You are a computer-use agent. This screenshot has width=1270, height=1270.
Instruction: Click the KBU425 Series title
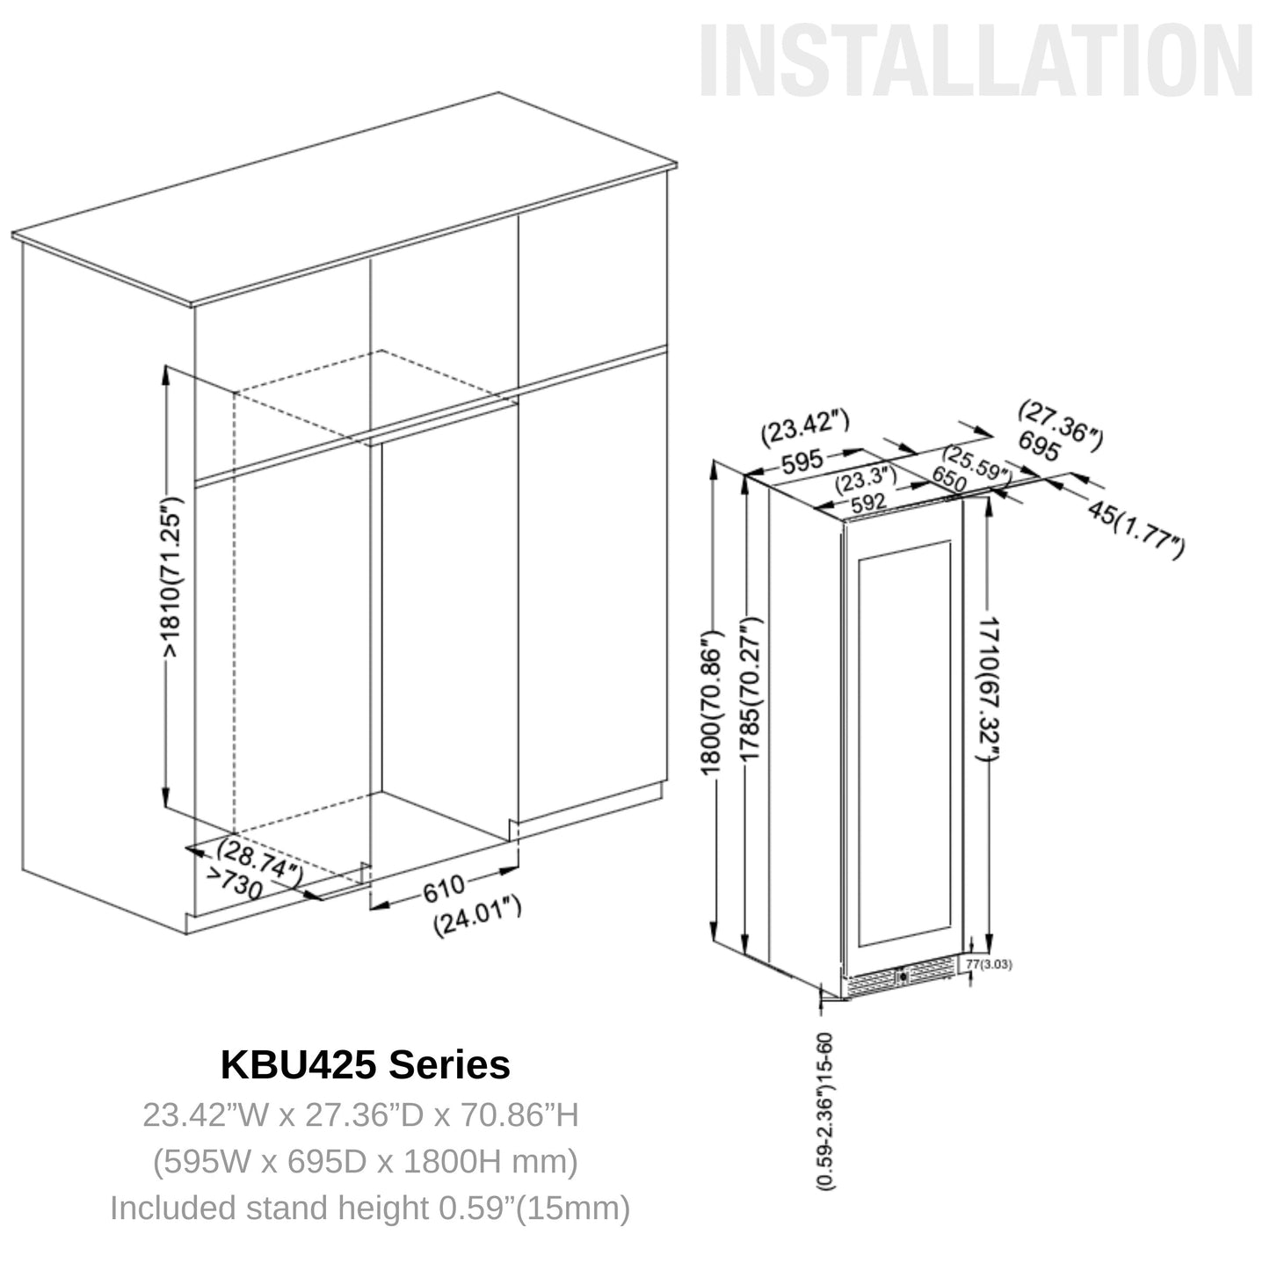coord(365,1064)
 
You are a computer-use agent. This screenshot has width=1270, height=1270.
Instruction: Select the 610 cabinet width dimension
coord(443,889)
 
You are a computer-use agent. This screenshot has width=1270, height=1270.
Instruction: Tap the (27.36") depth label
coord(1060,425)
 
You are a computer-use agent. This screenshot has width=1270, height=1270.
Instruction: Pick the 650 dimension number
coord(949,480)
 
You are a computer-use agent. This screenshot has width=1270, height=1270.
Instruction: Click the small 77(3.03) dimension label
coord(989,964)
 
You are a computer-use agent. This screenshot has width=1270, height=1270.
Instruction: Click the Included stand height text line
coord(370,1208)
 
